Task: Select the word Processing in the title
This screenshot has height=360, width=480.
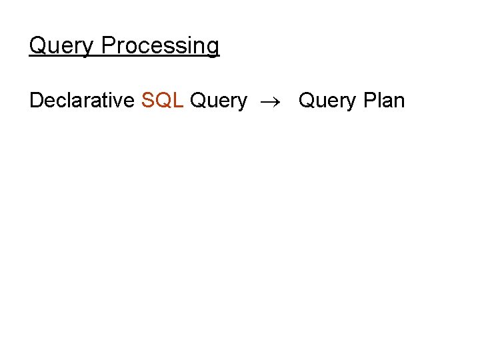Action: pyautogui.click(x=160, y=47)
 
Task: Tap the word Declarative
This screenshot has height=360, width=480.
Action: pyautogui.click(x=81, y=101)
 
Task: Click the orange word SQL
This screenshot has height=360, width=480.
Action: pyautogui.click(x=163, y=101)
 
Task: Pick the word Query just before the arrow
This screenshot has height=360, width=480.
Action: pyautogui.click(x=219, y=101)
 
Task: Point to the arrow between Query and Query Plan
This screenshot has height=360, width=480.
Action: pyautogui.click(x=273, y=101)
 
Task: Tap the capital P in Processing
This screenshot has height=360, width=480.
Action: pyautogui.click(x=108, y=45)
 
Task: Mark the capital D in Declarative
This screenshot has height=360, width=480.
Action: pyautogui.click(x=37, y=101)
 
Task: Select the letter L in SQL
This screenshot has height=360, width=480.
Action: pyautogui.click(x=178, y=101)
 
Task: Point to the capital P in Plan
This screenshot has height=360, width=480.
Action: pyautogui.click(x=369, y=101)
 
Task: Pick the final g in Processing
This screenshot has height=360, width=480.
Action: pyautogui.click(x=213, y=48)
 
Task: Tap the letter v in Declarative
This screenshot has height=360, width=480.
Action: pyautogui.click(x=120, y=101)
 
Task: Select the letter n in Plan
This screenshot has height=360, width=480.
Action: pyautogui.click(x=399, y=101)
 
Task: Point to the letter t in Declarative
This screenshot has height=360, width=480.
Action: pyautogui.click(x=107, y=101)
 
